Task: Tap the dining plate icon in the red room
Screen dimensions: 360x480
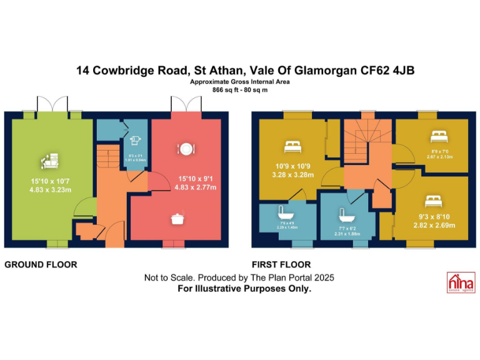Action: tap(186, 149)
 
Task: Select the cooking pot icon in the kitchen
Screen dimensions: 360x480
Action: tap(177, 218)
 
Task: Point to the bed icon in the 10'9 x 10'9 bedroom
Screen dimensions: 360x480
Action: tap(292, 147)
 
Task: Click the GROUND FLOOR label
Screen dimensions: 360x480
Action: tap(41, 264)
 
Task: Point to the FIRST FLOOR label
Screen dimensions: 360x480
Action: tap(281, 264)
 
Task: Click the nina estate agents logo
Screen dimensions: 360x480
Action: tap(460, 283)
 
